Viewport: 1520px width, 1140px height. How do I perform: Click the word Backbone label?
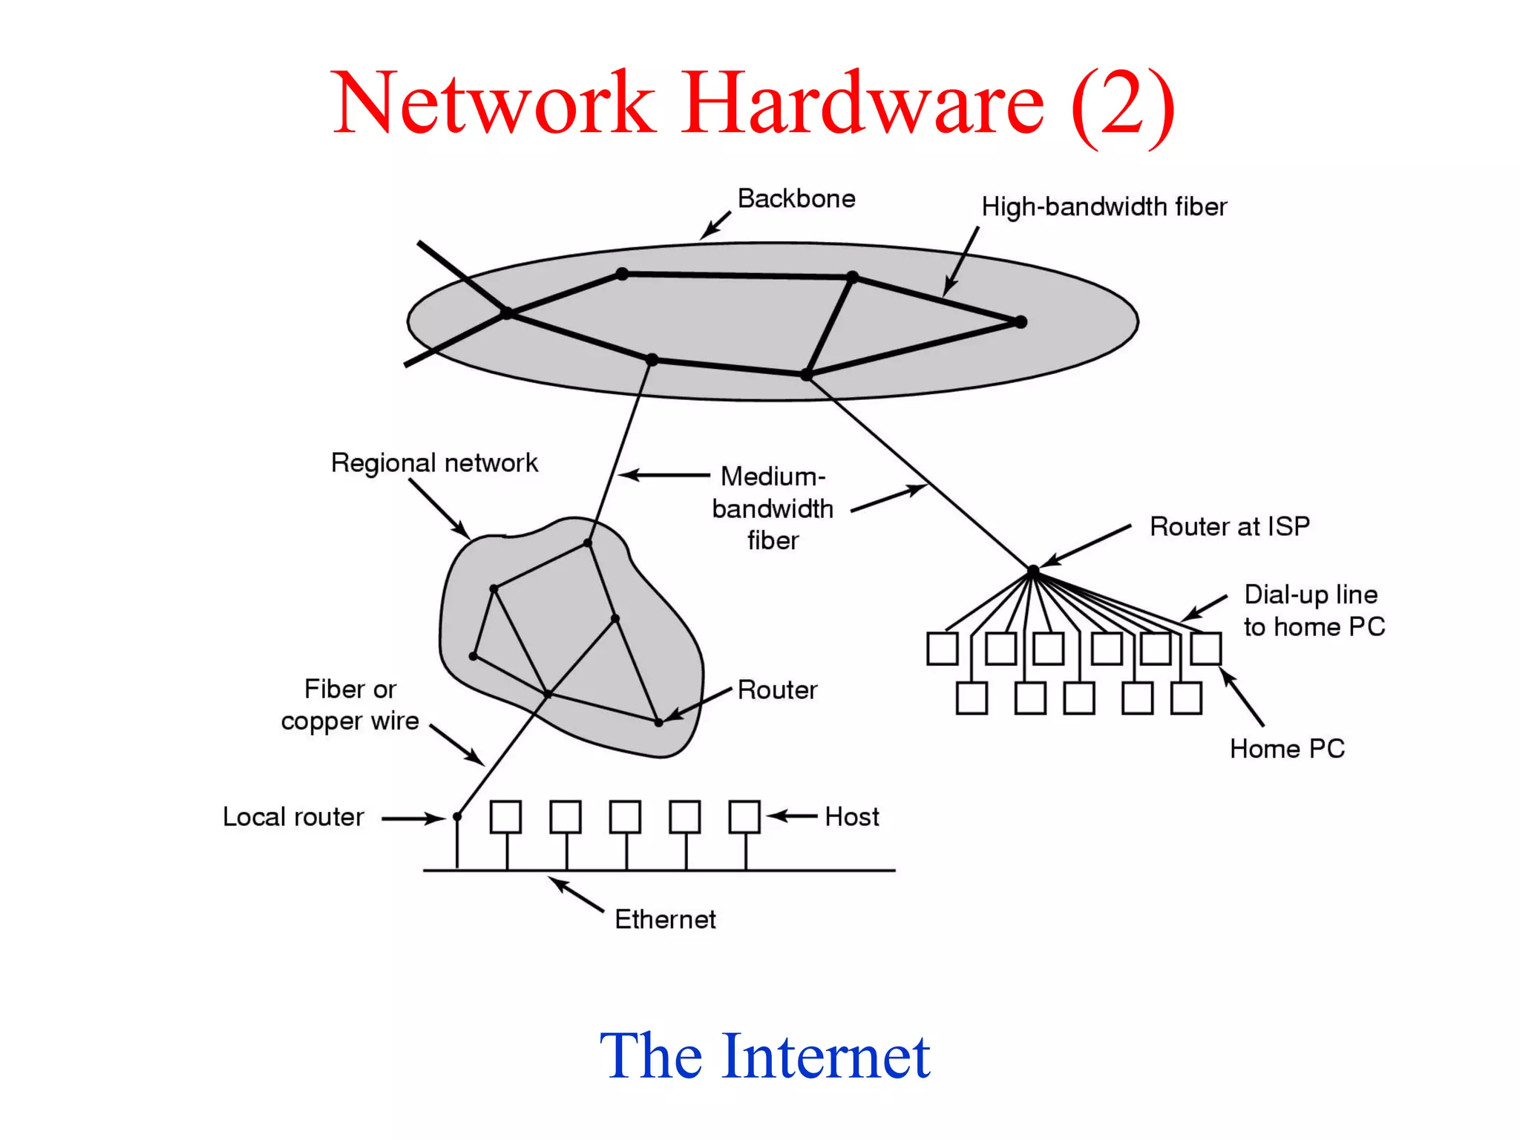[796, 199]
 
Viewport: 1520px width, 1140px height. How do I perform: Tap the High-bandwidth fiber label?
[1104, 206]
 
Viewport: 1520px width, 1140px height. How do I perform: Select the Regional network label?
[434, 463]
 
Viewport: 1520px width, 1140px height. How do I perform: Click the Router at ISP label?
[1229, 526]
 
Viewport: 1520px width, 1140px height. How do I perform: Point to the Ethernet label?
[665, 920]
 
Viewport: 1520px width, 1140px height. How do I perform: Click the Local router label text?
[293, 817]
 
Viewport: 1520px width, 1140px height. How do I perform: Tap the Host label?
[851, 817]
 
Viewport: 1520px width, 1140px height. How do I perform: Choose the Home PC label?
[1286, 749]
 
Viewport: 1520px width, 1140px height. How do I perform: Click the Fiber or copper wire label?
[350, 705]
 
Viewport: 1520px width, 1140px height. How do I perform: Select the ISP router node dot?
[1032, 571]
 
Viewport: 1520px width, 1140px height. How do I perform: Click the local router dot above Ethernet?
[457, 816]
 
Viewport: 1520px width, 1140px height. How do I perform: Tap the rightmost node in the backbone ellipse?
[1021, 322]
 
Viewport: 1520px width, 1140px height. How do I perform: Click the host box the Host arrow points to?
[744, 816]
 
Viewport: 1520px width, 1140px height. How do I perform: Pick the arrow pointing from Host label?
[792, 816]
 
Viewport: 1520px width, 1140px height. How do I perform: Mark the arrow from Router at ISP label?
[1085, 546]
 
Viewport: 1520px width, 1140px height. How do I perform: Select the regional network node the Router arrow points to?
[658, 722]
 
